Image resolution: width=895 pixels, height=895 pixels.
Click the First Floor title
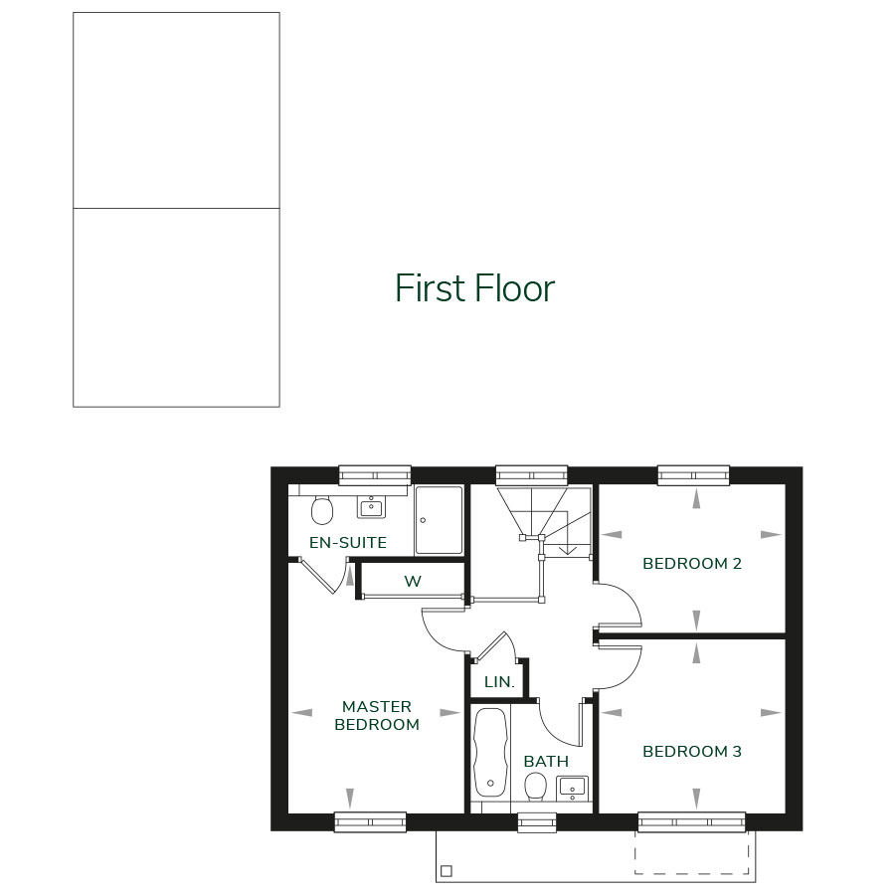(474, 287)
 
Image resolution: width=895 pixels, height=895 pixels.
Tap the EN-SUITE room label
(348, 543)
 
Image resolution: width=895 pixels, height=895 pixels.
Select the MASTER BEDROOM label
(377, 716)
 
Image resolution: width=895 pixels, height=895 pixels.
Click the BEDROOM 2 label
(692, 564)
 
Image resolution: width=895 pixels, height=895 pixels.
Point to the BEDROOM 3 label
(692, 752)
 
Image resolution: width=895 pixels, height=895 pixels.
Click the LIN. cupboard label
(499, 682)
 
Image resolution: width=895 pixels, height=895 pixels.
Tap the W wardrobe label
(412, 582)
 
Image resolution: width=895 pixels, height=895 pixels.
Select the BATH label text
(546, 762)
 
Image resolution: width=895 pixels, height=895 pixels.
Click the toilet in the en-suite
(321, 510)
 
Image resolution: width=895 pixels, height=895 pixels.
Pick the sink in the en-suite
(371, 507)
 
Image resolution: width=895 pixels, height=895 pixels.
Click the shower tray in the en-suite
(439, 519)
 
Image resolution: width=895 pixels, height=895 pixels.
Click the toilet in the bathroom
(536, 787)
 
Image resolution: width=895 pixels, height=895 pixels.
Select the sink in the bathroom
(572, 788)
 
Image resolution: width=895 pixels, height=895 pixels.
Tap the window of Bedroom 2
(693, 474)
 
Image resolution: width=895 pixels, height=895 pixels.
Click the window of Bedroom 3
(691, 821)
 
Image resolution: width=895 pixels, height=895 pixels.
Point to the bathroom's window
(537, 821)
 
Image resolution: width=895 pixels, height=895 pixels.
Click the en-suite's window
(375, 474)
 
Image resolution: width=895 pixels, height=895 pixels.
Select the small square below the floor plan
(447, 871)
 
